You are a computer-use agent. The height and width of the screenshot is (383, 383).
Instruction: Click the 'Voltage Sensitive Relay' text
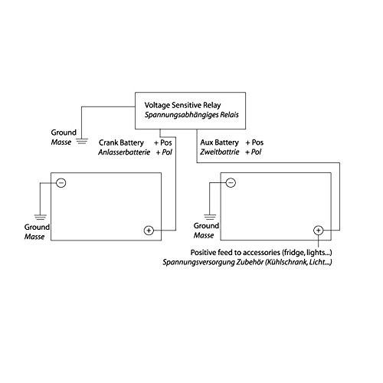point(182,105)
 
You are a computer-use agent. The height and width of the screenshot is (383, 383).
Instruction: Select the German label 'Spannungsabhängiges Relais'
point(191,115)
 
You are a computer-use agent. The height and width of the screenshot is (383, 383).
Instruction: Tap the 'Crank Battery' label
point(121,142)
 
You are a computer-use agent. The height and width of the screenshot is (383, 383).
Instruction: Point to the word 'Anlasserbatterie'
point(124,152)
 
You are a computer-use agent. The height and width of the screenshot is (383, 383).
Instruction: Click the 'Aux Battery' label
point(219,142)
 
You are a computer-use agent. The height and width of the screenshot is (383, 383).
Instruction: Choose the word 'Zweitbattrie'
point(220,152)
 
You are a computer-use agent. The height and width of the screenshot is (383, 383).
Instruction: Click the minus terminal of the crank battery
point(61,183)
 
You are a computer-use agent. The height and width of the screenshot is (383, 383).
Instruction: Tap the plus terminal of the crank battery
point(149,231)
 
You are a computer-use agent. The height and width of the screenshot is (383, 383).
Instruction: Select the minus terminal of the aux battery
point(231,182)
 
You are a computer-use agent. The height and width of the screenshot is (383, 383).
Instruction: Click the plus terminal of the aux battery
point(318,231)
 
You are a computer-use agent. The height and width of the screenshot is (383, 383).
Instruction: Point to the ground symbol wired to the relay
point(82,141)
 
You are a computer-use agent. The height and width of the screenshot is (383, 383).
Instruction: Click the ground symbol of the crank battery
point(41,218)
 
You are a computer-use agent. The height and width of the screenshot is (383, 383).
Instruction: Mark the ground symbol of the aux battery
point(210,217)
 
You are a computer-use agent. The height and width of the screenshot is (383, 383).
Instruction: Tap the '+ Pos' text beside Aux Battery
point(254,142)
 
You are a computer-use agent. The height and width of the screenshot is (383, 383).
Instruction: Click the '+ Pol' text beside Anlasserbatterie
point(164,152)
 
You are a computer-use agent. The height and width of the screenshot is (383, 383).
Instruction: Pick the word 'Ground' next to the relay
point(64,133)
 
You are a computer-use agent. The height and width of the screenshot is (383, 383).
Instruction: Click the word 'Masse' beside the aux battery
point(204,235)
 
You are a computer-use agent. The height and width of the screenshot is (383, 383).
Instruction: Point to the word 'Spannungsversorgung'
point(198,263)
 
